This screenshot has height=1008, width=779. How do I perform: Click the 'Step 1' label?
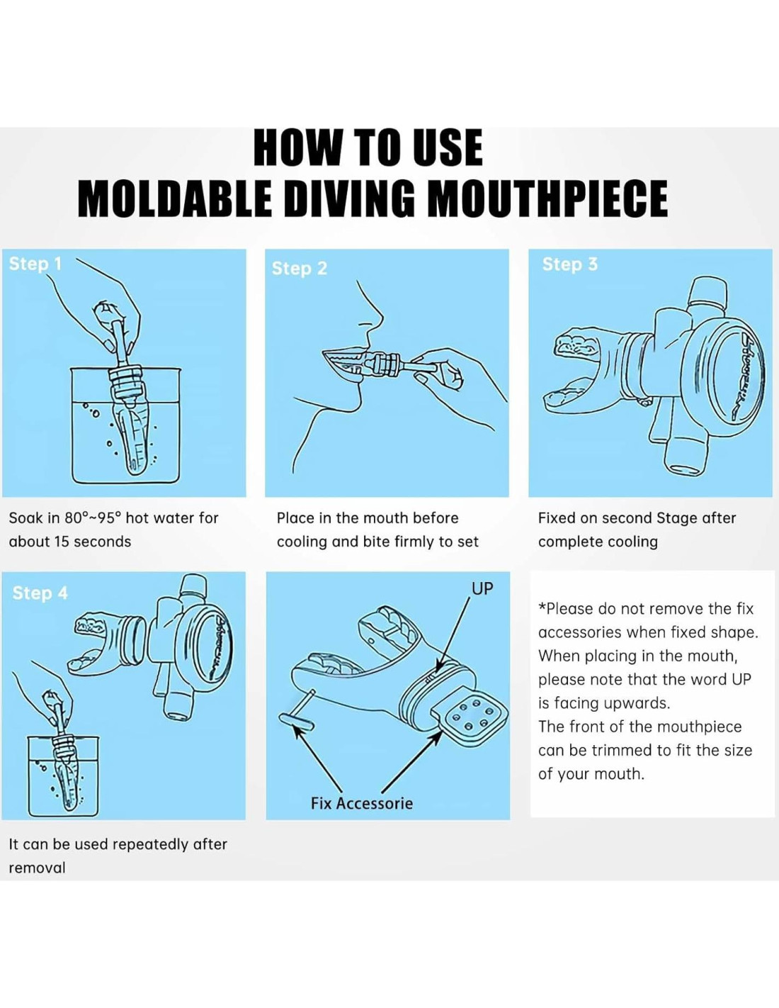[35, 264]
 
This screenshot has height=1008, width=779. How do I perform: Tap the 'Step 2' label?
[300, 269]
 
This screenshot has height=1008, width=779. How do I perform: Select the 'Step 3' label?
[570, 264]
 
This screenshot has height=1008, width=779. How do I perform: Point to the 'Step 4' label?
[40, 593]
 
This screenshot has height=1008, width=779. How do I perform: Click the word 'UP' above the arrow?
[482, 588]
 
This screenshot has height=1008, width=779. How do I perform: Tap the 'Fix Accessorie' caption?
[361, 803]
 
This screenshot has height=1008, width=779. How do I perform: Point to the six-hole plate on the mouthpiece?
[471, 716]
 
